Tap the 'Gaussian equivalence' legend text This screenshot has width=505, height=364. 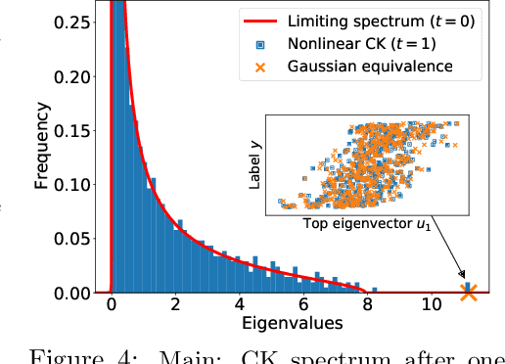coord(370,68)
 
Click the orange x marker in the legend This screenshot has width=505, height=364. coord(259,68)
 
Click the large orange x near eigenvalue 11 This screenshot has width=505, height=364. coord(469,293)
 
